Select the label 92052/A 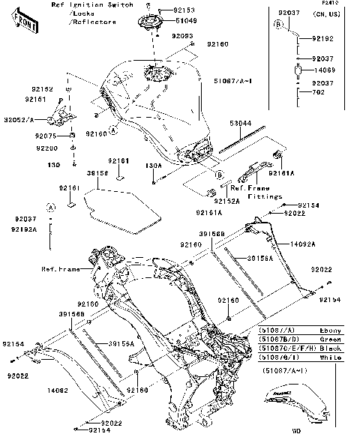[x=19, y=119]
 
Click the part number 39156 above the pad [x=97, y=172]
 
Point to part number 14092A [x=302, y=244]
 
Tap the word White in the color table [x=330, y=358]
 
